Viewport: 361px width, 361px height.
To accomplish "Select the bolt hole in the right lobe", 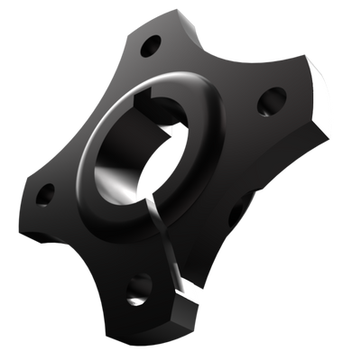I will pos(268,105).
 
